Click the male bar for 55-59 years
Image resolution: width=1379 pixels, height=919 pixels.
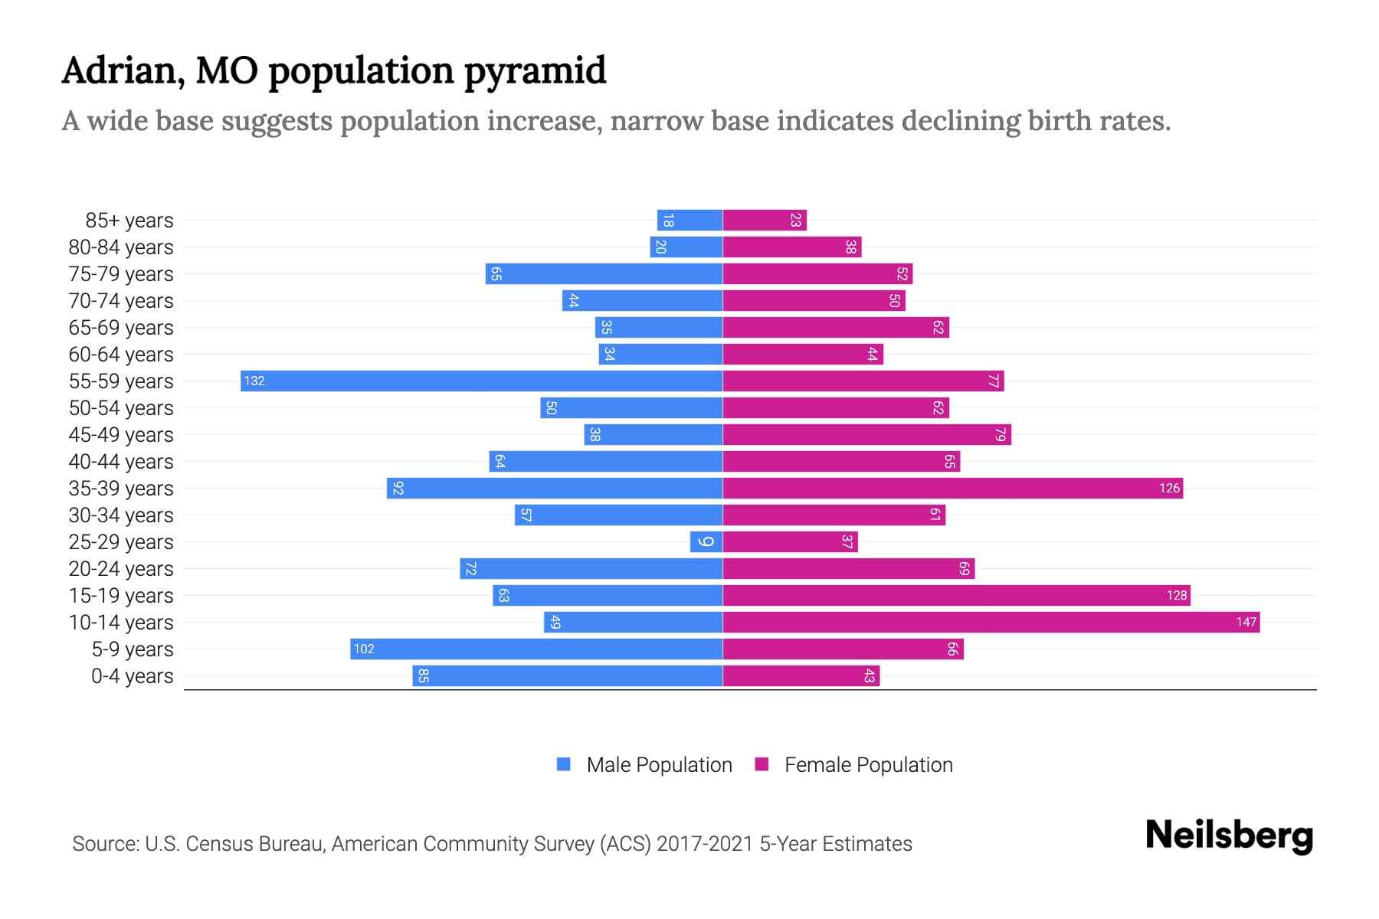click(x=481, y=381)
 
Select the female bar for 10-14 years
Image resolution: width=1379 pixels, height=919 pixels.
click(x=991, y=622)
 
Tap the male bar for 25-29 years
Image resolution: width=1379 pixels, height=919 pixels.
click(x=706, y=541)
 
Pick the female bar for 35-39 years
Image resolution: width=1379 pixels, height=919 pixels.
click(x=952, y=488)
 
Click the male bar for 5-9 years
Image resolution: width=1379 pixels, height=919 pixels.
click(x=536, y=649)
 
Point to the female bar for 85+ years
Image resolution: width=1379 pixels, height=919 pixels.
click(x=764, y=220)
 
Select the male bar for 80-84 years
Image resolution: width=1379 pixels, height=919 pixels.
click(x=686, y=247)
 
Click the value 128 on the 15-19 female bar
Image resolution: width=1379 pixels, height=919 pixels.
click(x=1176, y=595)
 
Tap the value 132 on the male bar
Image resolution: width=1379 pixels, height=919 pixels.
click(x=254, y=381)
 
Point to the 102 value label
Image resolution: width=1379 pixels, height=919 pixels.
click(x=363, y=649)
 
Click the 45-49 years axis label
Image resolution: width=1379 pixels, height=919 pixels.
click(x=121, y=434)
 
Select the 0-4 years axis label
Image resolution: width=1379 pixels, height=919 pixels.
click(x=132, y=675)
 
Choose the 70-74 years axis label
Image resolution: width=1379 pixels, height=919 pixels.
click(x=121, y=300)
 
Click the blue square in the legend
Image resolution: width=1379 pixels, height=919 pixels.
click(x=564, y=764)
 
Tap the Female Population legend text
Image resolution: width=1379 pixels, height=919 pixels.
click(x=868, y=764)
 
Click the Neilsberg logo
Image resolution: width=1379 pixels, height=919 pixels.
click(x=1229, y=835)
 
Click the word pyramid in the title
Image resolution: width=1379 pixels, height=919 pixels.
click(x=536, y=71)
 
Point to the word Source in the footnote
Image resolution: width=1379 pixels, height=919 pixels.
click(x=104, y=843)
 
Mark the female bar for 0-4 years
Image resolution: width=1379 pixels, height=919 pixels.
click(x=801, y=675)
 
